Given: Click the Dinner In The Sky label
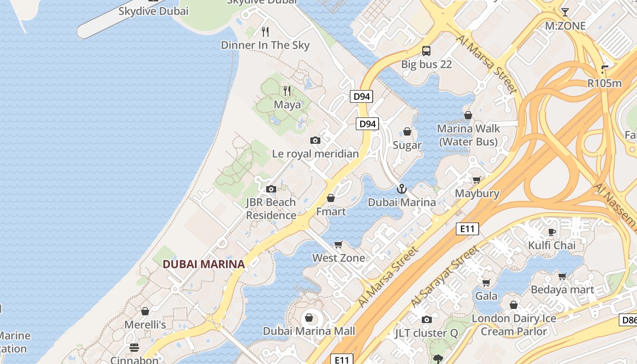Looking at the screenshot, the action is tap(265, 45).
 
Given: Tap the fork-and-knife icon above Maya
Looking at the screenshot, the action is tap(287, 91).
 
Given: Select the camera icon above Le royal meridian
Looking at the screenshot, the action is tap(315, 140).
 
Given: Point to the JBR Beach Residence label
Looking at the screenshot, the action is tap(271, 209).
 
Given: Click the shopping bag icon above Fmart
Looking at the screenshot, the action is tap(331, 198).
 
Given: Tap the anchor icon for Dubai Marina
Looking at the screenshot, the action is tap(401, 188).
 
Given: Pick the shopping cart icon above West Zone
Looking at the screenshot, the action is tap(339, 245).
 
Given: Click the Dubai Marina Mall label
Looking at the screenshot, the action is tap(309, 331).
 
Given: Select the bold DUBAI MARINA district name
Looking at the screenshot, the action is tap(204, 264).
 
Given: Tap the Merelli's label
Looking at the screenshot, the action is tap(145, 325).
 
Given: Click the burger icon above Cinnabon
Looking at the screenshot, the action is tap(134, 348).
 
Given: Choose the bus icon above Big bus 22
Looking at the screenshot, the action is tap(426, 51).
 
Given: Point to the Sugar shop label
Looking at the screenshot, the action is tap(407, 145).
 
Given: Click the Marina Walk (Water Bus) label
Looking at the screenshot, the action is tap(469, 135).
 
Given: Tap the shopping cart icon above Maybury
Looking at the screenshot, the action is tap(476, 180).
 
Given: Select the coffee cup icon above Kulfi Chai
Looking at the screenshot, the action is tap(552, 232).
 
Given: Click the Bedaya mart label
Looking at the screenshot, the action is tap(562, 290).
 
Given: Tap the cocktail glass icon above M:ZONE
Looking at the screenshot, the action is tap(565, 12).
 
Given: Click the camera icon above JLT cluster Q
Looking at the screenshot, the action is tap(426, 320).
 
